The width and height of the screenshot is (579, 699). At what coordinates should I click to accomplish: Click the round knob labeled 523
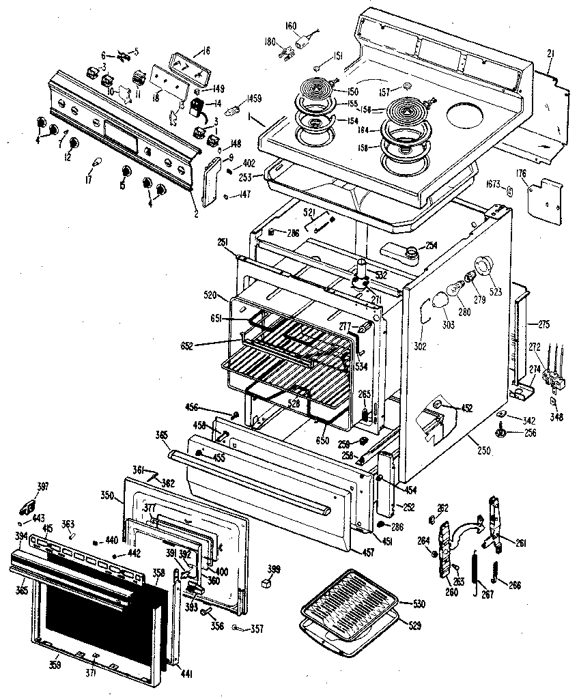pyautogui.click(x=485, y=267)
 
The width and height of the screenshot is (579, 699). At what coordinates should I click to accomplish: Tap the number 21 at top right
pyautogui.click(x=552, y=53)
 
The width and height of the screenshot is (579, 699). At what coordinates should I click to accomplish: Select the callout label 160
pyautogui.click(x=291, y=26)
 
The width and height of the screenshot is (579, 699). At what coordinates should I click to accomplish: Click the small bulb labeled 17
pyautogui.click(x=97, y=162)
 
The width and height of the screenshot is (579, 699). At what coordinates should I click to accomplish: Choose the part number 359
pyautogui.click(x=53, y=664)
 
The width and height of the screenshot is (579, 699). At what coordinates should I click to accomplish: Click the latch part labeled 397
pyautogui.click(x=29, y=508)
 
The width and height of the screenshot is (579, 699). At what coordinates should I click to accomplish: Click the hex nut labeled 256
pyautogui.click(x=500, y=432)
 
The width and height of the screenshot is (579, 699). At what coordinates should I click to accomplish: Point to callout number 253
pyautogui.click(x=246, y=176)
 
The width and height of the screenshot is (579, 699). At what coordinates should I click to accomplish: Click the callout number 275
pyautogui.click(x=545, y=324)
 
